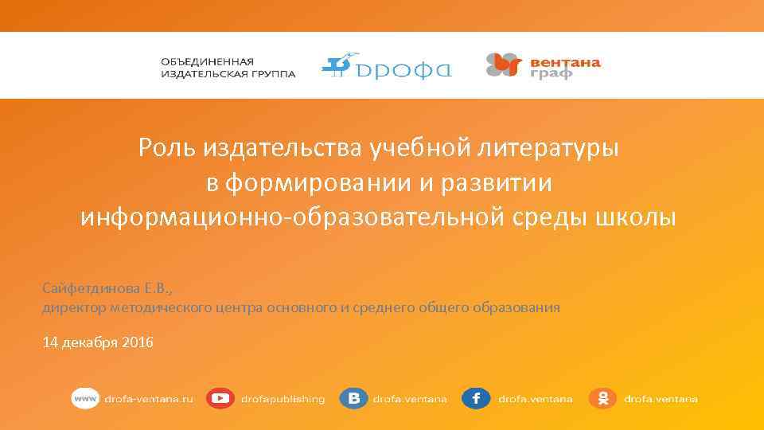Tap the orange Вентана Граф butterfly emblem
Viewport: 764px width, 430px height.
click(504, 65)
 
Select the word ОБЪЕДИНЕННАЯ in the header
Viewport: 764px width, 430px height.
click(208, 61)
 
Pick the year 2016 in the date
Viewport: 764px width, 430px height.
click(138, 342)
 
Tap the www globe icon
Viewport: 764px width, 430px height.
click(84, 398)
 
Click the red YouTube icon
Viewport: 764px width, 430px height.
click(220, 398)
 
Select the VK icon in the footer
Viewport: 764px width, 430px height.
click(353, 398)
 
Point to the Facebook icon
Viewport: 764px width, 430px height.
click(476, 398)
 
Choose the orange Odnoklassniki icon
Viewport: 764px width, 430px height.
click(602, 398)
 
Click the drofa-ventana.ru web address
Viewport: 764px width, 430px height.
click(150, 399)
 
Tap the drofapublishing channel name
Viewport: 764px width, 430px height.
click(283, 399)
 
